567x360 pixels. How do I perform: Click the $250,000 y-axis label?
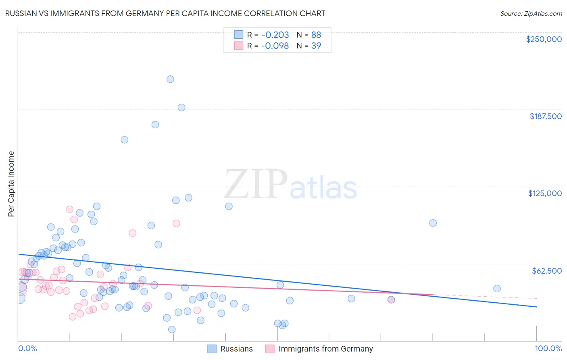coord(544,39)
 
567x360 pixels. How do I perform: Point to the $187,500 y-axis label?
coord(545,116)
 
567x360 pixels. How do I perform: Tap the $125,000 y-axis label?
coord(545,193)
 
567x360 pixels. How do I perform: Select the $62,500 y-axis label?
coord(546,271)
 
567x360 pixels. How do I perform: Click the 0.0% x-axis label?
coord(27,349)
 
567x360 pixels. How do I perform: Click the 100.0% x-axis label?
coord(548,349)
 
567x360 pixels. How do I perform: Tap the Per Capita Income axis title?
coord(11,184)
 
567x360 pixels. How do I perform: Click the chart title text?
coord(165,13)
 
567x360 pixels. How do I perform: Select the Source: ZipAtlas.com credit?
coord(531,14)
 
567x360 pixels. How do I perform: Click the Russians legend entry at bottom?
coord(236,349)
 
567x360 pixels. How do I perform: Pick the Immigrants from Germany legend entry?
coord(325,349)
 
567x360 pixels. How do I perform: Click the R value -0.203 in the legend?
coord(275,35)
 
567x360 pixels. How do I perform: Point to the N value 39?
coord(316,46)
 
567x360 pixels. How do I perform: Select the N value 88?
coord(316,35)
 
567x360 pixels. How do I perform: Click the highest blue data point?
coord(170,79)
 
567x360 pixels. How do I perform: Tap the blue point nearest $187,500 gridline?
coord(181,107)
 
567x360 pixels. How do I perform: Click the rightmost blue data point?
coord(497,289)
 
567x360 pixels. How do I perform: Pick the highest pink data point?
coord(69,209)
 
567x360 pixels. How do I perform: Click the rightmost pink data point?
coord(391,299)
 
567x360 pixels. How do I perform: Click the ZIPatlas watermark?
coord(290,185)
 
